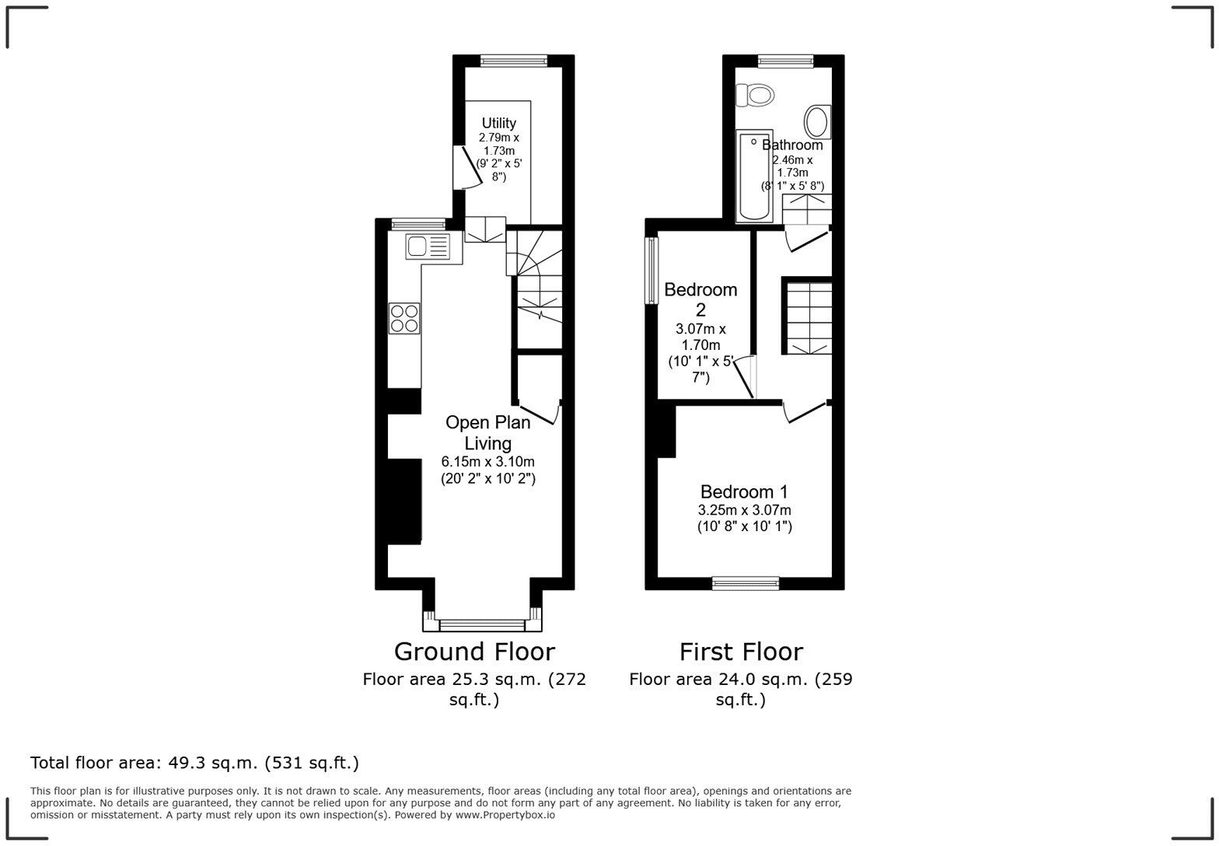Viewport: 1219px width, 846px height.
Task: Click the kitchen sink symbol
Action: [427, 247]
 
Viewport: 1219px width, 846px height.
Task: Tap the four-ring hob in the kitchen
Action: [404, 318]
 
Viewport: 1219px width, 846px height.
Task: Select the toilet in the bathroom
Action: [756, 95]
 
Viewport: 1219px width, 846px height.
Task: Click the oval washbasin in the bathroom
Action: [816, 122]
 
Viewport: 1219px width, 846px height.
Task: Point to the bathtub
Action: [753, 176]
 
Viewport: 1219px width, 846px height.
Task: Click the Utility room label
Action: [498, 123]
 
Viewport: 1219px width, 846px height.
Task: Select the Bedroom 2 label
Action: [700, 299]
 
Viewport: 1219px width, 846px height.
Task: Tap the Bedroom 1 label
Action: [744, 491]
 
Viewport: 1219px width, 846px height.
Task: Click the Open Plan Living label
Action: [488, 432]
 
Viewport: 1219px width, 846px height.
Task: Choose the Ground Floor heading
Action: [474, 651]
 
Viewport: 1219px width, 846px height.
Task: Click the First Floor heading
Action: [741, 651]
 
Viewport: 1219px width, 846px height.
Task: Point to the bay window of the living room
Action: [482, 624]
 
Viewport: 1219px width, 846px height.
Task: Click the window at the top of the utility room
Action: [513, 61]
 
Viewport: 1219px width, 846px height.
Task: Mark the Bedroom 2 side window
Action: [651, 270]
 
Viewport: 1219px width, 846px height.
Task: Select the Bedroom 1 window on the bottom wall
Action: [746, 582]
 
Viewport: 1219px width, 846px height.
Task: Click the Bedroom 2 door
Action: [746, 376]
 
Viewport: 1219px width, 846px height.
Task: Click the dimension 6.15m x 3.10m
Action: [488, 462]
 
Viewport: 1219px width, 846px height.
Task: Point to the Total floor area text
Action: [194, 763]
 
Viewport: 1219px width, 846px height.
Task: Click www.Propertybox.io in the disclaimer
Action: [505, 815]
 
